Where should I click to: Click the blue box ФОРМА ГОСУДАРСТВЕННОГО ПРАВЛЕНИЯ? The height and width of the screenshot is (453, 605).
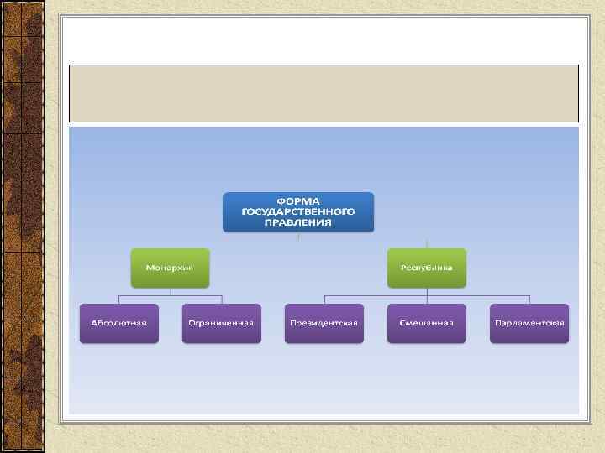(x=298, y=212)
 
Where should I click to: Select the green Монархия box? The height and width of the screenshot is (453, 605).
(x=170, y=268)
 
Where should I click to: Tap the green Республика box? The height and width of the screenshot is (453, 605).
(x=427, y=268)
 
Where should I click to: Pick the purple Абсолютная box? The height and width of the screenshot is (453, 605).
(x=119, y=323)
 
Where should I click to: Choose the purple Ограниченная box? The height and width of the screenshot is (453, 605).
(x=221, y=323)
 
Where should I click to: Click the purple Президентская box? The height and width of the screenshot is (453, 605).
(x=324, y=323)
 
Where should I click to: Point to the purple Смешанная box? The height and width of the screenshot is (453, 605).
(x=427, y=323)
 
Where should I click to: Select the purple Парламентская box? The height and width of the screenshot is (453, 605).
(x=529, y=323)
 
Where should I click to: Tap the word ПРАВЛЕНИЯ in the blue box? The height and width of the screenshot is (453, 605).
(x=298, y=223)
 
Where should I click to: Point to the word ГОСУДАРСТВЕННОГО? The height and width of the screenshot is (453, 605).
(x=298, y=212)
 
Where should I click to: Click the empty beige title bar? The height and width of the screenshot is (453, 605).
(x=324, y=93)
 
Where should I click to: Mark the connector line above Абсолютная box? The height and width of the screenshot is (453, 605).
(x=119, y=299)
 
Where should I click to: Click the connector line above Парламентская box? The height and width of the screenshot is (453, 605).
(x=529, y=299)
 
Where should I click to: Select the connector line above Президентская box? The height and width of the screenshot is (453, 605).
(x=324, y=299)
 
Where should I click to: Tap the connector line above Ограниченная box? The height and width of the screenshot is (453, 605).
(x=221, y=299)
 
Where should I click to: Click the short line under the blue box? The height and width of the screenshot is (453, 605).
(x=298, y=236)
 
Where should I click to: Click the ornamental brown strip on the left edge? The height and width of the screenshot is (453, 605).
(x=22, y=226)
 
